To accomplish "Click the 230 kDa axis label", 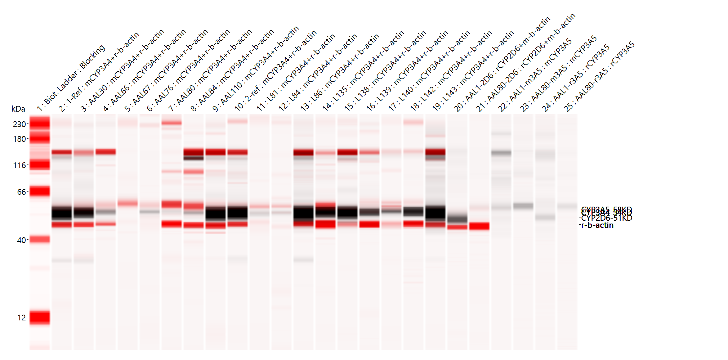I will pyautogui.click(x=19, y=124).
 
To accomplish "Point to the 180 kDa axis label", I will pyautogui.click(x=19, y=139).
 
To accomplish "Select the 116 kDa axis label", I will pyautogui.click(x=19, y=166).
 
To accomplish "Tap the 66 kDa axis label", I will pyautogui.click(x=21, y=192).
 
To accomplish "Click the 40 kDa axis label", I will pyautogui.click(x=21, y=240).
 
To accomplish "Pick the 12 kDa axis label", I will pyautogui.click(x=22, y=318).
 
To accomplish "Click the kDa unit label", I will pyautogui.click(x=18, y=109).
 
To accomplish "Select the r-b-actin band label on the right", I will pyautogui.click(x=597, y=225).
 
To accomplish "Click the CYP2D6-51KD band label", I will pyautogui.click(x=607, y=218).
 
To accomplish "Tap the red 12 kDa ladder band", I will pyautogui.click(x=40, y=317).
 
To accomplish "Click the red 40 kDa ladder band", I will pyautogui.click(x=40, y=239).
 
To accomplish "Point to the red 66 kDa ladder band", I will pyautogui.click(x=40, y=191).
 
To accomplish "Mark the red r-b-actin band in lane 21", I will pyautogui.click(x=479, y=226).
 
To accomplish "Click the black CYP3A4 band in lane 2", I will pyautogui.click(x=62, y=213).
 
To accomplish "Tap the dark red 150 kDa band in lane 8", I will pyautogui.click(x=194, y=152).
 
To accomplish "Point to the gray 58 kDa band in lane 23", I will pyautogui.click(x=523, y=206).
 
